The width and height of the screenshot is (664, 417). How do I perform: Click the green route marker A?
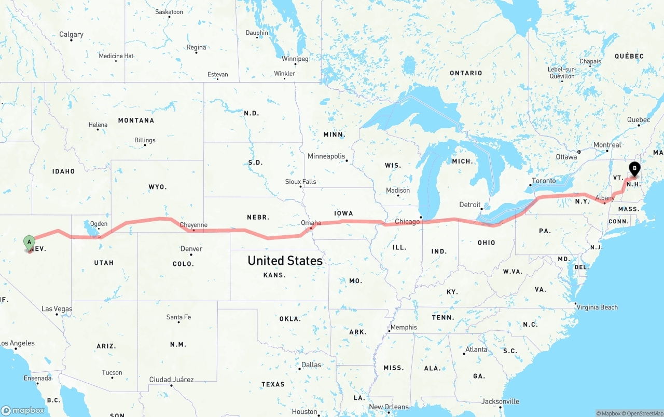[x=30, y=242]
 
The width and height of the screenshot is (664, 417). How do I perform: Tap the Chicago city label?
[x=407, y=222]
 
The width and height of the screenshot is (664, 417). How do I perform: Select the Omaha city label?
[x=311, y=223]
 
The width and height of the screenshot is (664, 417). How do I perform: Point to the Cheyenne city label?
[x=193, y=225]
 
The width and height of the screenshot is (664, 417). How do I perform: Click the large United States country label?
[x=285, y=260]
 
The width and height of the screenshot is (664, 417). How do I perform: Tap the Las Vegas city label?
[x=57, y=309]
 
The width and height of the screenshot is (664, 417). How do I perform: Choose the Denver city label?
[x=191, y=249]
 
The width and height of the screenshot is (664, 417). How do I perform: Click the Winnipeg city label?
[x=295, y=59]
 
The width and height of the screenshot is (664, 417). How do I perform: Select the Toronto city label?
[x=543, y=181]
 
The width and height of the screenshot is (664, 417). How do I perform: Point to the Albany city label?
[x=605, y=198]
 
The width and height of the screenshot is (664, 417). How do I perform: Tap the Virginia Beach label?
[x=598, y=307]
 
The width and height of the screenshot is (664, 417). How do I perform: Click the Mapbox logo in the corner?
[x=23, y=410]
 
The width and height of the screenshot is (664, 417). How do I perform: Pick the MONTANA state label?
[x=136, y=120]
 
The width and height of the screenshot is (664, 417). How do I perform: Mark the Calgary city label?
[x=71, y=34]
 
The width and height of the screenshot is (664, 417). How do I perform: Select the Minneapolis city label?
[x=326, y=156]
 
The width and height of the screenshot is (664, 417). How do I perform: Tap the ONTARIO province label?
[x=466, y=73]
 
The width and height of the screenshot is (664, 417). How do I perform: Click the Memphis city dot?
[x=389, y=331]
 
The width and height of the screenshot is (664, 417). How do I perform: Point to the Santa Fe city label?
[x=178, y=317]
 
